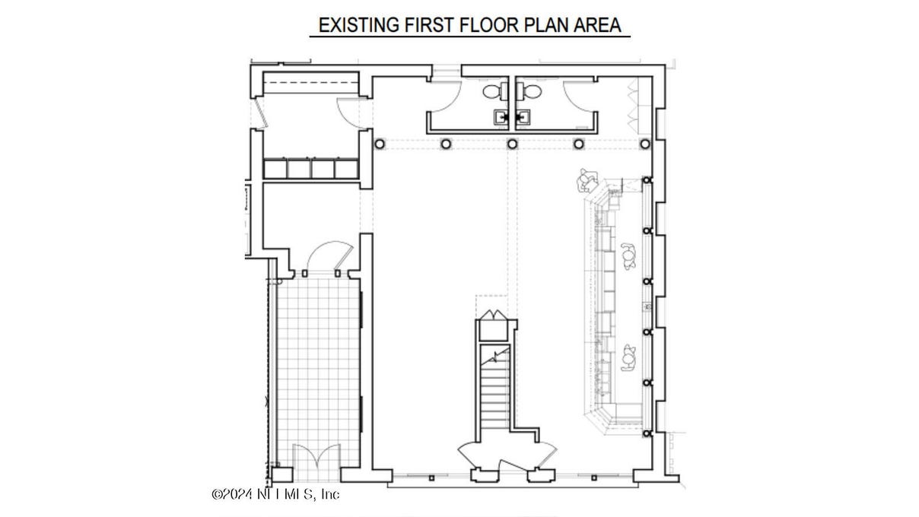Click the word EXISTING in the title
tap(358, 25)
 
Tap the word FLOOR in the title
tap(489, 25)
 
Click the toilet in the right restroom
tap(529, 91)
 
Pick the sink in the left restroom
tap(501, 118)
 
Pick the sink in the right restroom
tap(523, 118)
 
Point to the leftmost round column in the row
tap(380, 144)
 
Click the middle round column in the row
tap(512, 144)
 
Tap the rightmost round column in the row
tap(645, 144)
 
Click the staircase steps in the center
tap(495, 388)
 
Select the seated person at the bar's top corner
tap(587, 180)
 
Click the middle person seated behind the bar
tap(628, 256)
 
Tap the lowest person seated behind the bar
tap(628, 357)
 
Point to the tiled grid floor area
tap(318, 374)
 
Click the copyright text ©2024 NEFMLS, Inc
tap(275, 494)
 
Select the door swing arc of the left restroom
tap(444, 97)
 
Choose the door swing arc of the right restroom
tap(579, 97)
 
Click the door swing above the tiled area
tap(328, 255)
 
